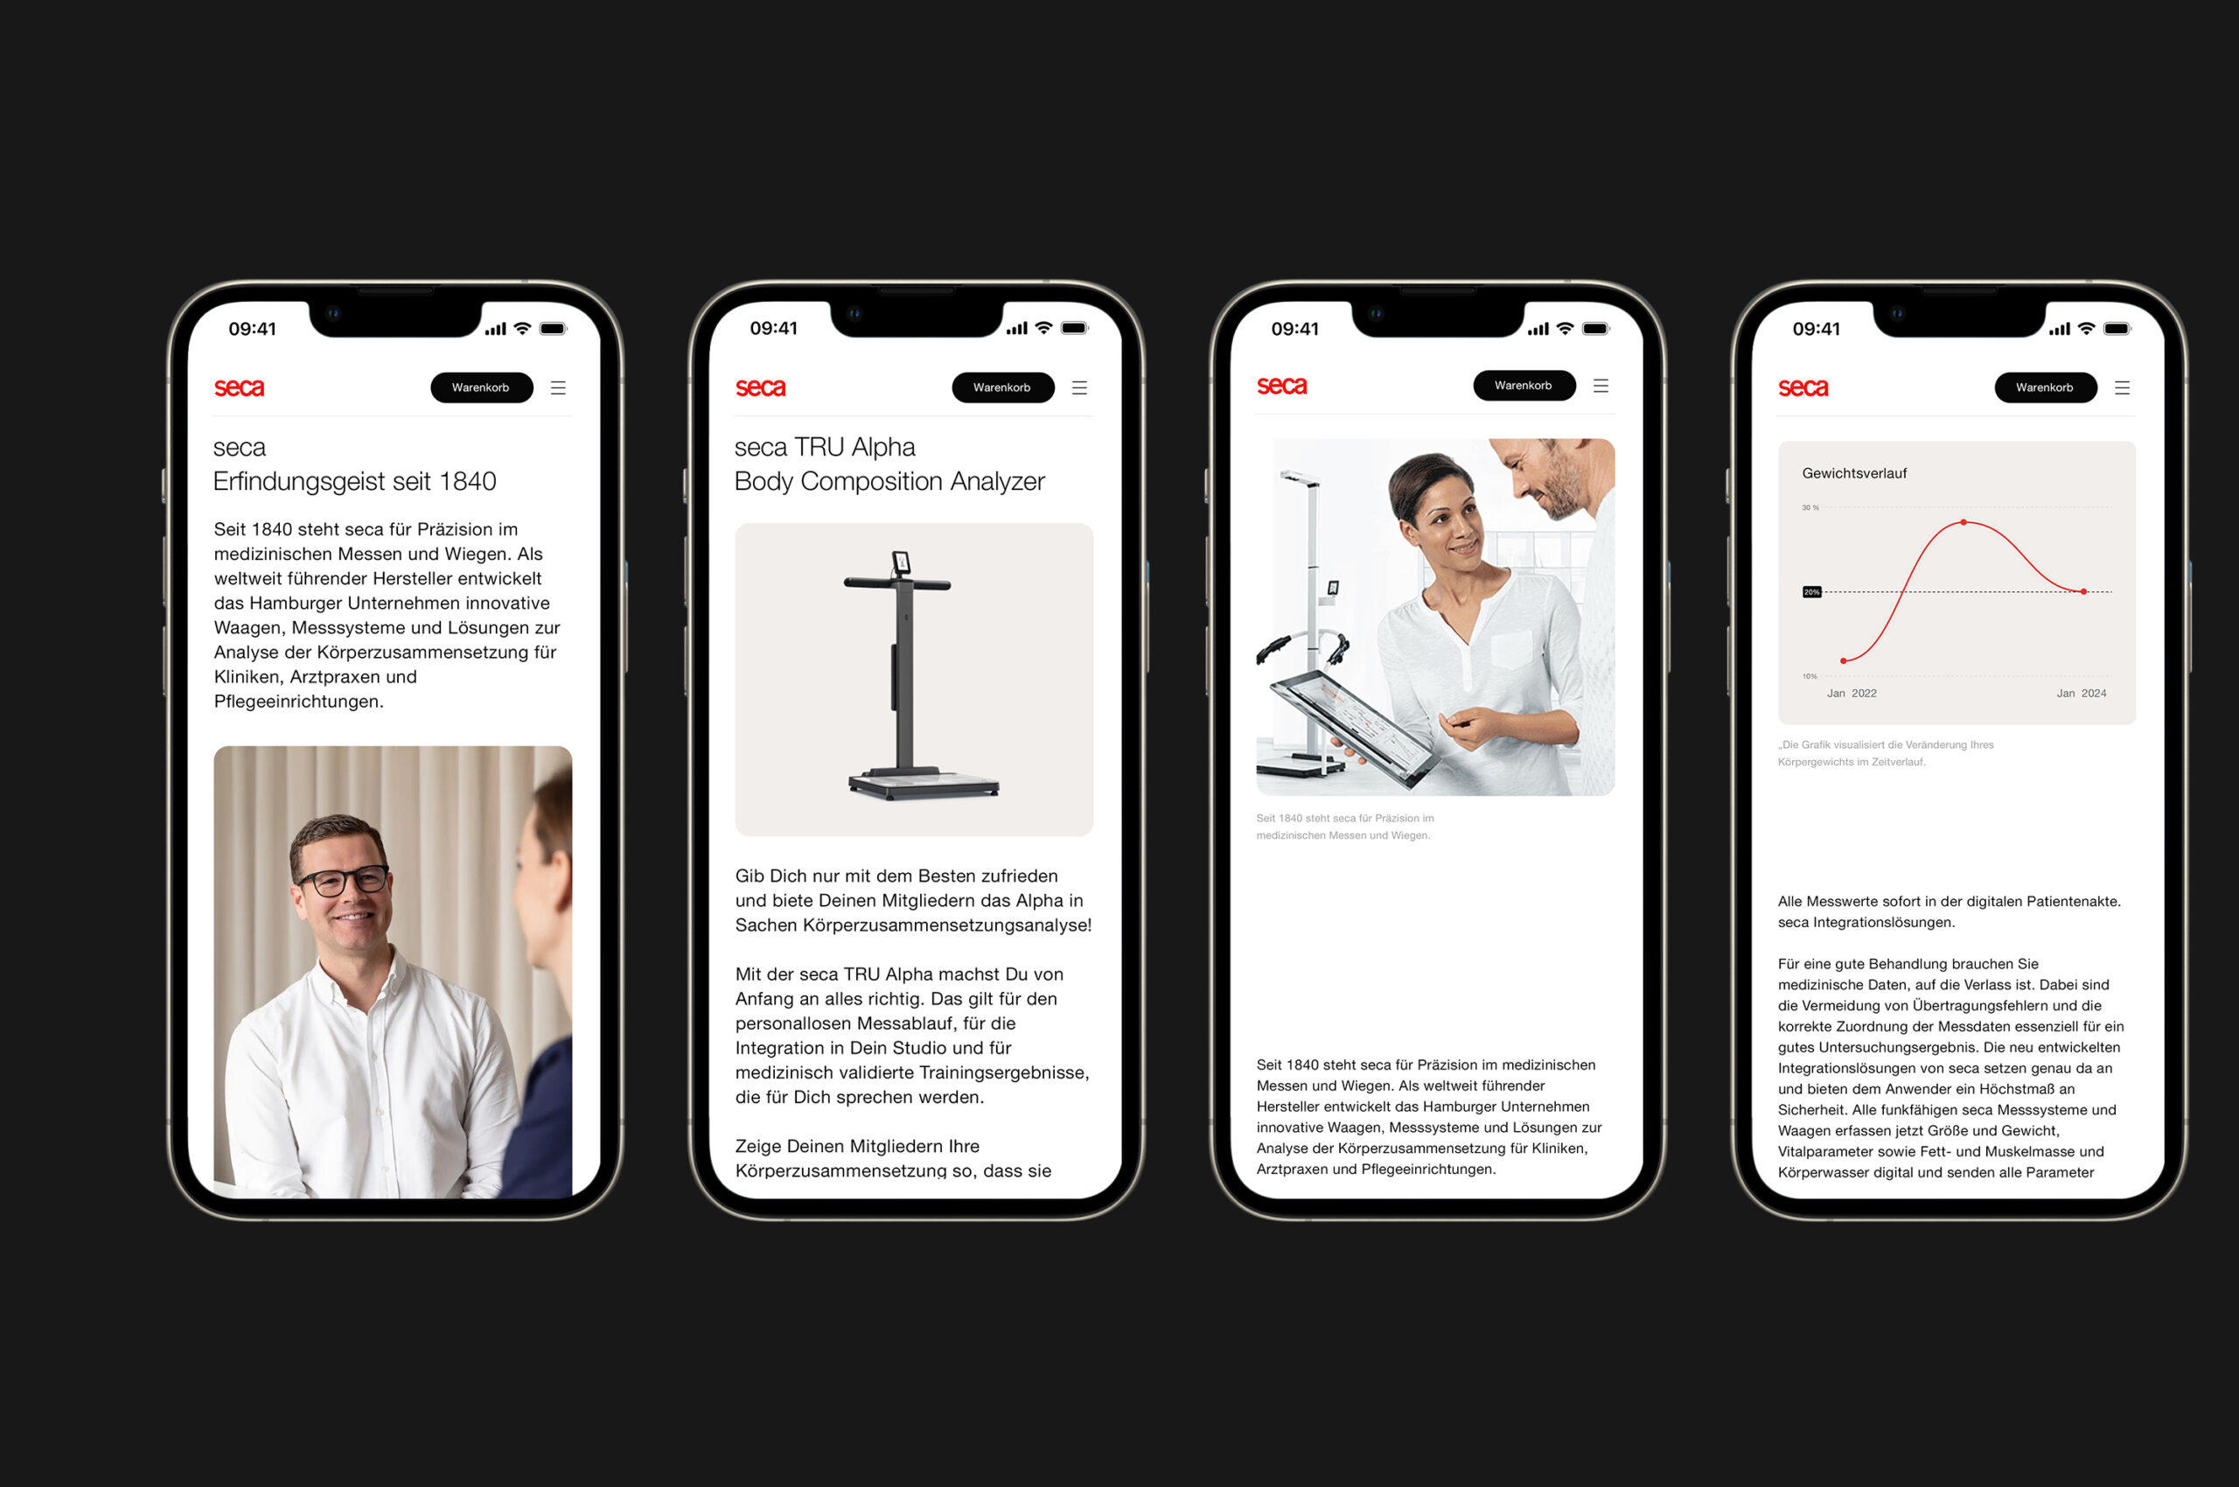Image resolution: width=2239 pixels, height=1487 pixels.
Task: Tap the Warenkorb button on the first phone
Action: coord(482,387)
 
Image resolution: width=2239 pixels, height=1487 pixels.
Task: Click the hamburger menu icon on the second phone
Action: coord(1079,387)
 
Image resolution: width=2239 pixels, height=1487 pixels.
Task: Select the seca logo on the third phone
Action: coord(1281,386)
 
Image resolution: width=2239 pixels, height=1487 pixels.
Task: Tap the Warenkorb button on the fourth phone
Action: coord(2046,387)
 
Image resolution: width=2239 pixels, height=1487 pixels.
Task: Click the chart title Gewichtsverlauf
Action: coord(1854,473)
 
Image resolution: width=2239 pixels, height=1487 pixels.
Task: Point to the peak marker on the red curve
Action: coord(1963,522)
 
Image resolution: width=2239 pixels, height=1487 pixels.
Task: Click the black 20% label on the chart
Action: coord(1811,592)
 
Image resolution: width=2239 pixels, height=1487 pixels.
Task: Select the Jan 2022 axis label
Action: coord(1852,694)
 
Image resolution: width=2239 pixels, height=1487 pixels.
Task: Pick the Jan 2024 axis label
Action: coord(2081,694)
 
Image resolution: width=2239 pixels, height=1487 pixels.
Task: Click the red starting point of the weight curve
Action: coord(1843,661)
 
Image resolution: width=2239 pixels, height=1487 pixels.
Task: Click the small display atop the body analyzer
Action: coord(901,563)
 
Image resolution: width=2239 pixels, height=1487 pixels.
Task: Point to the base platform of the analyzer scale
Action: coord(924,785)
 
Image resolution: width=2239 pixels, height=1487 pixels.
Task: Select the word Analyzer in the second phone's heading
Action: coord(997,482)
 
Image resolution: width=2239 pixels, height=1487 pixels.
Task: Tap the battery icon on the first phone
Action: coord(553,329)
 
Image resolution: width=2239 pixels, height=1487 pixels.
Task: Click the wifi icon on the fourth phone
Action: coord(2086,328)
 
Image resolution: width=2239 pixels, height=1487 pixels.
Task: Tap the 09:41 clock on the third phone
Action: coord(1294,329)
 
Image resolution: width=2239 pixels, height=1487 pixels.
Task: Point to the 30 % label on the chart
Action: coord(1810,508)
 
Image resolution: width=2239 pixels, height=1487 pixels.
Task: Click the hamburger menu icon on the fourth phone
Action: coord(2123,387)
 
